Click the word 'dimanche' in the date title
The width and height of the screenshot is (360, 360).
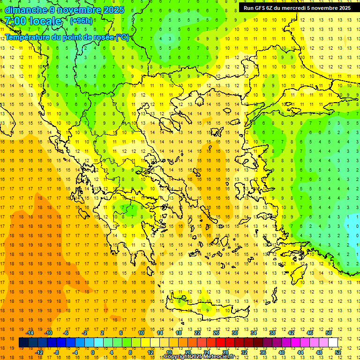pyautogui.click(x=26, y=10)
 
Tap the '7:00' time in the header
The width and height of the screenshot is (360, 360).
pyautogui.click(x=15, y=21)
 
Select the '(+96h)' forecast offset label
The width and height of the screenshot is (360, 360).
pyautogui.click(x=81, y=21)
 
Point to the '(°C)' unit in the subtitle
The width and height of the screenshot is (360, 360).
pyautogui.click(x=122, y=37)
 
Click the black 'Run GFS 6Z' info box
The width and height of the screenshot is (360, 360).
pyautogui.click(x=297, y=7)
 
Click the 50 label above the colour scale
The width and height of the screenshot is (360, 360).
pyautogui.click(x=328, y=333)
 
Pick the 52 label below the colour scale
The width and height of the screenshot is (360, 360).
pyautogui.click(x=337, y=352)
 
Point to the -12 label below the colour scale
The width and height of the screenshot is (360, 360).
pyautogui.click(x=39, y=352)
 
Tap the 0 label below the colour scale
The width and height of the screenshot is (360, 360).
pyautogui.click(x=93, y=352)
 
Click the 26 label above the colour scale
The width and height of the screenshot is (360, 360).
pyautogui.click(x=216, y=333)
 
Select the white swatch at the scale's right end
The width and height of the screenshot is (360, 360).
pyautogui.click(x=333, y=343)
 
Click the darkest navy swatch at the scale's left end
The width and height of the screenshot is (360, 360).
pyautogui.click(x=23, y=343)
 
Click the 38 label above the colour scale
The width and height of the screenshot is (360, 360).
pyautogui.click(x=272, y=333)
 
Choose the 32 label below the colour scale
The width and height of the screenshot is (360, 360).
pyautogui.click(x=244, y=352)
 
